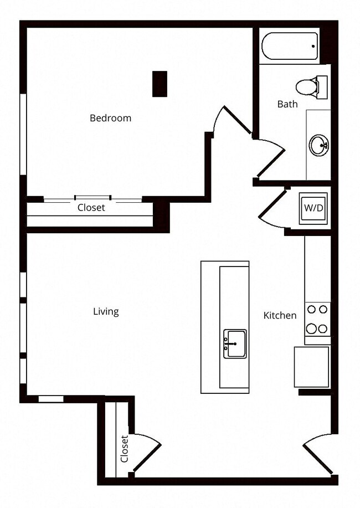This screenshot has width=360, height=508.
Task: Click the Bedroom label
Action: tap(110, 118)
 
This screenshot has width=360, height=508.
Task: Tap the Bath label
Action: tap(287, 104)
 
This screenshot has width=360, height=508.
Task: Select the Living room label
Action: tap(106, 311)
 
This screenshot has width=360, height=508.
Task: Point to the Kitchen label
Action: tap(280, 315)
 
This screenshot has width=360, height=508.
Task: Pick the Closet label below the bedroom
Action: tap(91, 208)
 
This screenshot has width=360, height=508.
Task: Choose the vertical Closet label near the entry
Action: tap(124, 448)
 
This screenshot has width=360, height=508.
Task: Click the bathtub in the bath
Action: tap(289, 45)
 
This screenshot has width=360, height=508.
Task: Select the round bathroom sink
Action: tap(319, 146)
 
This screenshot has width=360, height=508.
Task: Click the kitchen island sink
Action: tap(235, 343)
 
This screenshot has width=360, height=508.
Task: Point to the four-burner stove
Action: tap(317, 320)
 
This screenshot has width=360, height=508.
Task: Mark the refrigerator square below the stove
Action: tap(311, 367)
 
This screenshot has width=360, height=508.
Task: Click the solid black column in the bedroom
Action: tap(160, 84)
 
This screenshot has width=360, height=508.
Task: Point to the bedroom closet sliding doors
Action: tap(93, 198)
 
